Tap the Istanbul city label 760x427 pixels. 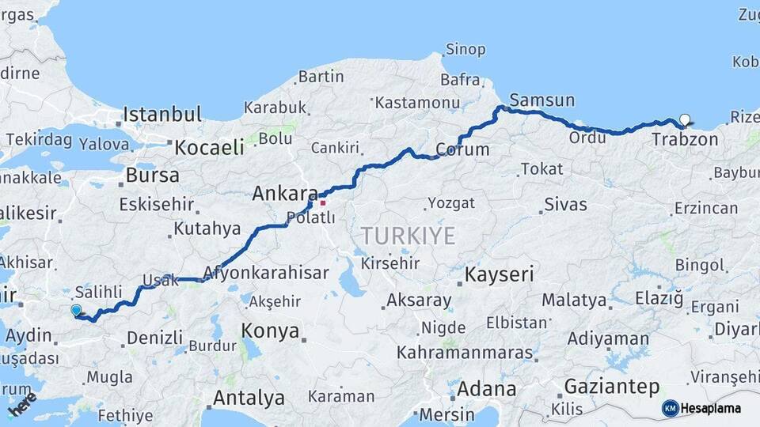(162, 114)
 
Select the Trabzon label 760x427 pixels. (685, 139)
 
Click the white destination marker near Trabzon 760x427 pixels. (685, 120)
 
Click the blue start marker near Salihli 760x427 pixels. (76, 310)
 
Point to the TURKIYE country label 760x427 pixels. (408, 235)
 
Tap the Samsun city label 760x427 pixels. (541, 100)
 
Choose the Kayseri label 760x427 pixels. (499, 274)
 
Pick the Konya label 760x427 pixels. (271, 330)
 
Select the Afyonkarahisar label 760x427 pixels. (265, 273)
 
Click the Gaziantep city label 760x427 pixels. (611, 387)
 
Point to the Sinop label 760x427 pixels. (465, 49)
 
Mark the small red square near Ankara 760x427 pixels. (323, 202)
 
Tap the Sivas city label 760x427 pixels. (565, 205)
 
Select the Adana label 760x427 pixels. (486, 389)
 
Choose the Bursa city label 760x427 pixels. (152, 175)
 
